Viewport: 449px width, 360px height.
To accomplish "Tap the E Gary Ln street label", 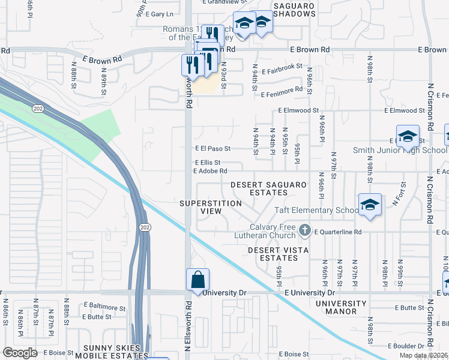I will [158, 14].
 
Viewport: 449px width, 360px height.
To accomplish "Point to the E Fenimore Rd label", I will [282, 90].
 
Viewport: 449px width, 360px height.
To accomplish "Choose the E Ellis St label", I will [208, 162].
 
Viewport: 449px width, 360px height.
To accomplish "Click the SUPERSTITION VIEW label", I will [211, 208].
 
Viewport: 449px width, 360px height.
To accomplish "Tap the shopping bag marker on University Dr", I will [198, 280].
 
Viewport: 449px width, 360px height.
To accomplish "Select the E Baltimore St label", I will [105, 307].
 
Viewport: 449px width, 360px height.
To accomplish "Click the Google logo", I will [19, 353].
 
